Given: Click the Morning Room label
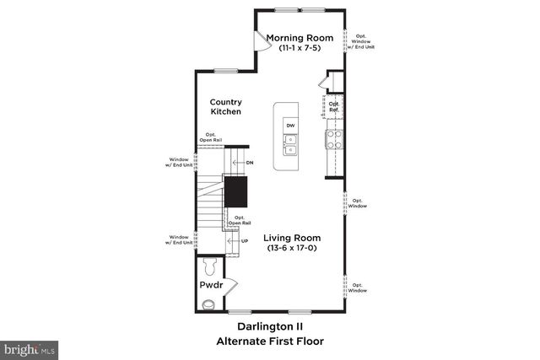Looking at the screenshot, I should coord(300,38).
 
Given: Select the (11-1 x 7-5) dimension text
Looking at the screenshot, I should coord(300,49).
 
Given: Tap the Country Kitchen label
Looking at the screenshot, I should coord(226,106).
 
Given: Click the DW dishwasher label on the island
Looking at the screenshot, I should coord(290,126).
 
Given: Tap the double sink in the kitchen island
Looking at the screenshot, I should coord(290,152).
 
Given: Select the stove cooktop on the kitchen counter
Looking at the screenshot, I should coord(333,139).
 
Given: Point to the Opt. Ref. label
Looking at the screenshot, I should coord(334,106).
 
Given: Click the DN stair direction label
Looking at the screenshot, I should coord(250,162).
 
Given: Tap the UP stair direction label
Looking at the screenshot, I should coord(245,242).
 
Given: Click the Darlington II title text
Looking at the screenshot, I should coord(269,325).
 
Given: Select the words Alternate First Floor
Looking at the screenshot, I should coord(269,341).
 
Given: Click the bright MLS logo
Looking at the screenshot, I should coord(30,347).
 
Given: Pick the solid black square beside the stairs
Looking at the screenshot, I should coord(235,192).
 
